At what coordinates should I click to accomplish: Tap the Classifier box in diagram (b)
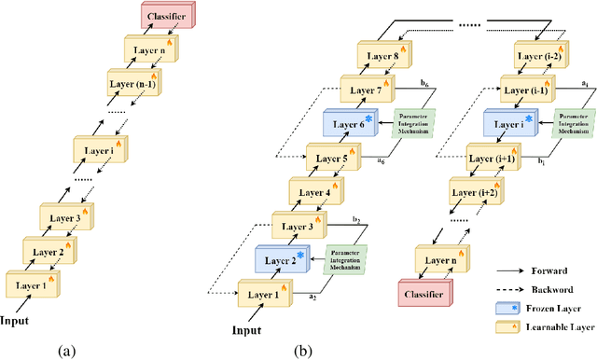coord(426,292)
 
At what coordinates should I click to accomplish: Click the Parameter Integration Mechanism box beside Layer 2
coord(345,258)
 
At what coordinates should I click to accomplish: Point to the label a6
coord(382,161)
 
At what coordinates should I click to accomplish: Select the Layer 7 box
coord(367,91)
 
